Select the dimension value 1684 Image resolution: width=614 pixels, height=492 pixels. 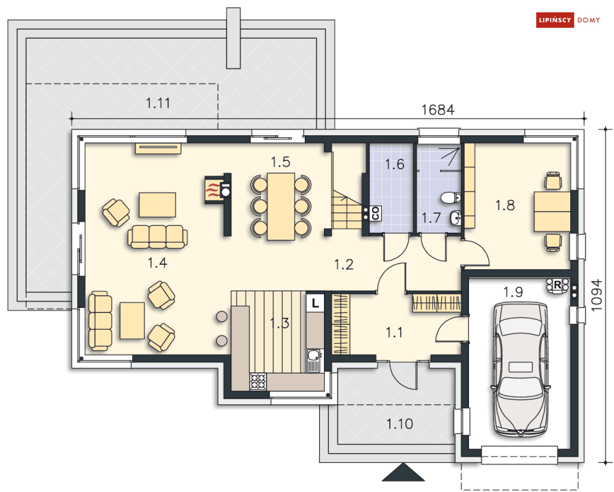click(438, 110)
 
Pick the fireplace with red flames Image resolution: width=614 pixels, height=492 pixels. click(213, 190)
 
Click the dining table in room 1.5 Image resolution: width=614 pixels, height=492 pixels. click(281, 206)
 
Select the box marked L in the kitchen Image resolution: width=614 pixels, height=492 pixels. click(315, 303)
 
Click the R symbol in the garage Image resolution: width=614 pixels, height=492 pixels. click(557, 285)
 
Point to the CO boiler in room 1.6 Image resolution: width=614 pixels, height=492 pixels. click(375, 213)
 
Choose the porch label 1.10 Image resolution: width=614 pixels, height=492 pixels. click(400, 424)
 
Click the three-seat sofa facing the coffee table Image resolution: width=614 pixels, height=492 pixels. click(157, 236)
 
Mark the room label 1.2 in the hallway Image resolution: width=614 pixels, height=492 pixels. click(344, 265)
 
